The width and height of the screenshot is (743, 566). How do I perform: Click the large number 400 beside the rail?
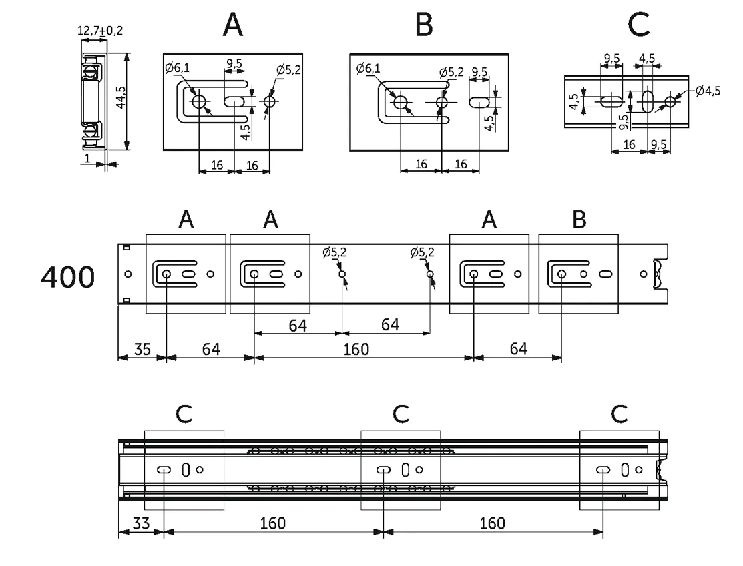click(68, 277)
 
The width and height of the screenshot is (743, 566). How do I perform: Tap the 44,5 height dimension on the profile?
click(121, 97)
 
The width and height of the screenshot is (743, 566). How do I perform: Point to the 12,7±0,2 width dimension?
click(100, 31)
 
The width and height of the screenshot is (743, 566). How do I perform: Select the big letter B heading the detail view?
click(424, 25)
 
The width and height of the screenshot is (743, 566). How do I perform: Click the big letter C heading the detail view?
click(638, 25)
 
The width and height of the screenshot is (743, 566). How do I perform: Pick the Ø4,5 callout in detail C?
click(708, 91)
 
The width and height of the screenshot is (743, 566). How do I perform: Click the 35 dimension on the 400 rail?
click(142, 350)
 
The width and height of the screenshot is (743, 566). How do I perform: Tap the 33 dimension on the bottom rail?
click(142, 523)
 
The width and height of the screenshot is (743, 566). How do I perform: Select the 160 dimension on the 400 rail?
click(356, 350)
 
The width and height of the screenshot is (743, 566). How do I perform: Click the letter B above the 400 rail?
click(579, 220)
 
